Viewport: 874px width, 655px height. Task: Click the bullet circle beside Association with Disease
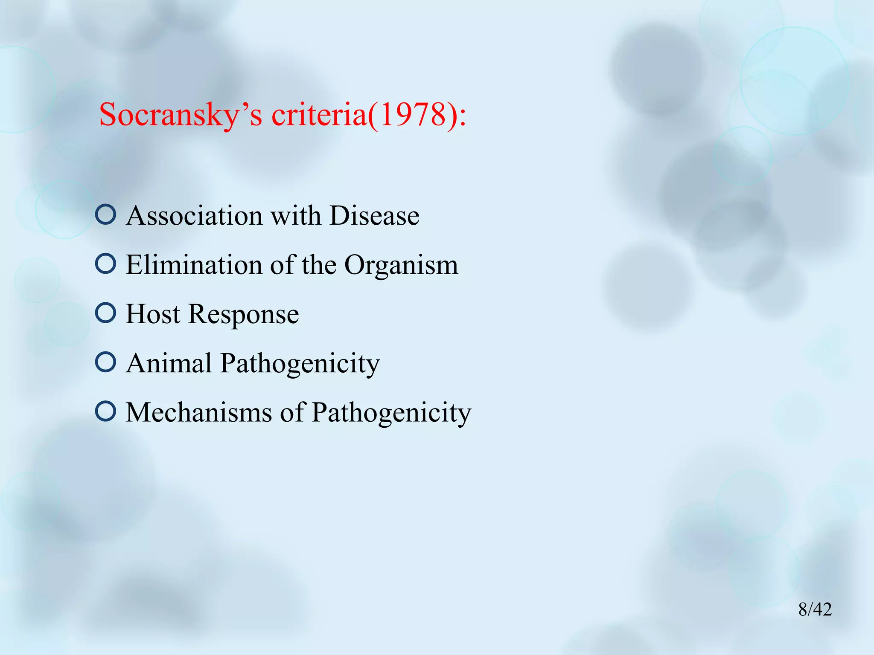[x=105, y=214]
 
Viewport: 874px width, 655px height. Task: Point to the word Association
[x=194, y=215]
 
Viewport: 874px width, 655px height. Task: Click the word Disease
[x=374, y=215]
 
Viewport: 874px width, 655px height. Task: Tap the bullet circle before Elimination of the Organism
[x=105, y=264]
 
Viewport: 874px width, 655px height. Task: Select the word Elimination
[x=194, y=265]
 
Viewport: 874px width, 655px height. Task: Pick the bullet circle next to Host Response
[x=105, y=313]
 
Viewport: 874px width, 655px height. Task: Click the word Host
[x=153, y=314]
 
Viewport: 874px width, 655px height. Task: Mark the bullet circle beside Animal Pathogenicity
[x=105, y=362]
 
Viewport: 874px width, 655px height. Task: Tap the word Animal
[x=169, y=363]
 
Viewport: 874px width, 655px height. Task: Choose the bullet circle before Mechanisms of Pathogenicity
[x=105, y=411]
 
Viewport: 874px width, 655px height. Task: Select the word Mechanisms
[x=199, y=412]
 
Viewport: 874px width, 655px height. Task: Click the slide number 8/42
[x=815, y=609]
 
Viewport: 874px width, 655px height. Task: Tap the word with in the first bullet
[x=296, y=215]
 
